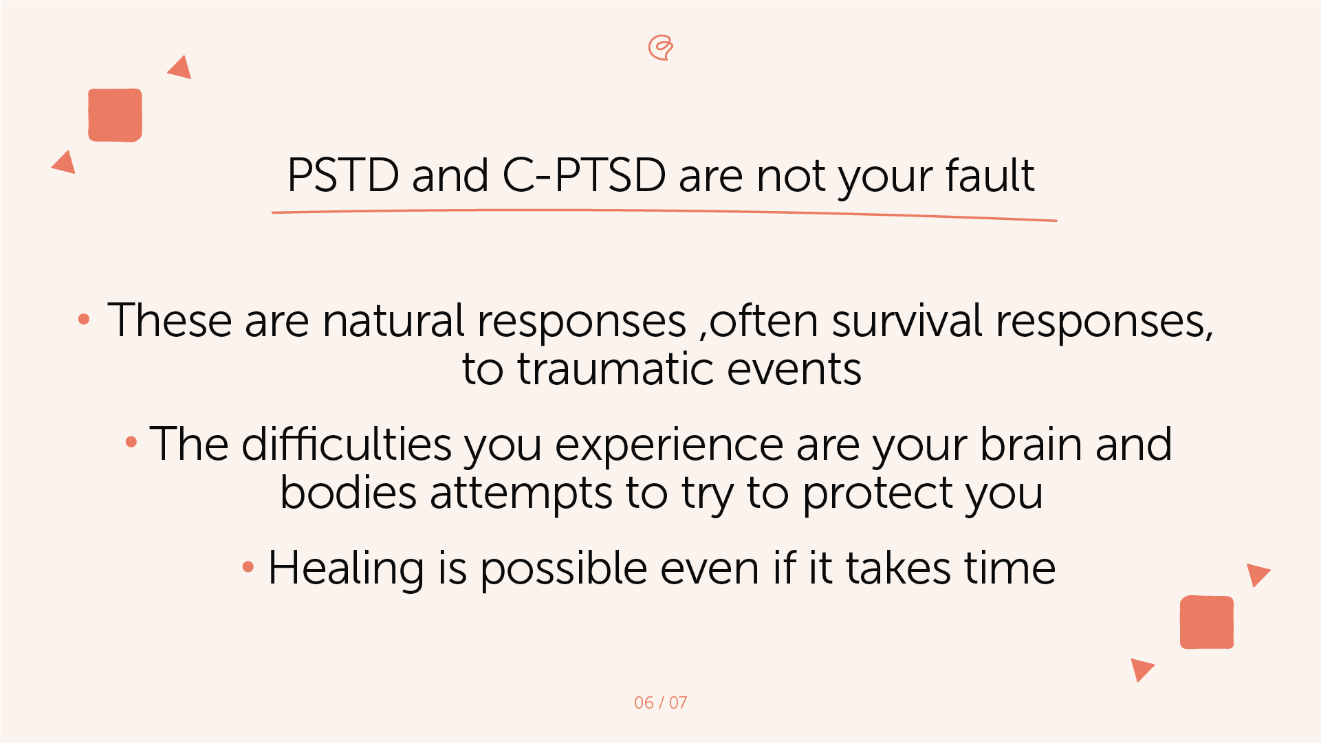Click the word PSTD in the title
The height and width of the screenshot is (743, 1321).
tap(342, 175)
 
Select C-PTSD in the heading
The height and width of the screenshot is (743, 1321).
tap(584, 175)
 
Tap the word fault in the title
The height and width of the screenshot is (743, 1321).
tap(990, 175)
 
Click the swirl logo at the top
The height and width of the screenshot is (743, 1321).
tap(661, 47)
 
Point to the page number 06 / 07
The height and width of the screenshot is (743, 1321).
tap(660, 702)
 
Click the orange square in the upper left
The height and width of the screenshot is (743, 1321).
tap(115, 115)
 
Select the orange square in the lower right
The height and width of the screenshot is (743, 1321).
tap(1206, 622)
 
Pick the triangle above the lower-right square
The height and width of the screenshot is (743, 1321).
tap(1257, 573)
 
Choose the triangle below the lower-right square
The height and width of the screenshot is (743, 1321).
tap(1141, 668)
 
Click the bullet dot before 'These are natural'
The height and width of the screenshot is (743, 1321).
tap(84, 319)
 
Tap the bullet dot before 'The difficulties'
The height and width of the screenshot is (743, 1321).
tap(131, 442)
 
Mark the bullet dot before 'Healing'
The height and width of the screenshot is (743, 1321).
tap(248, 567)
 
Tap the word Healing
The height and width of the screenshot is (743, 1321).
tap(346, 568)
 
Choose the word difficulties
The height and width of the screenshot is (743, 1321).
tap(346, 444)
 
